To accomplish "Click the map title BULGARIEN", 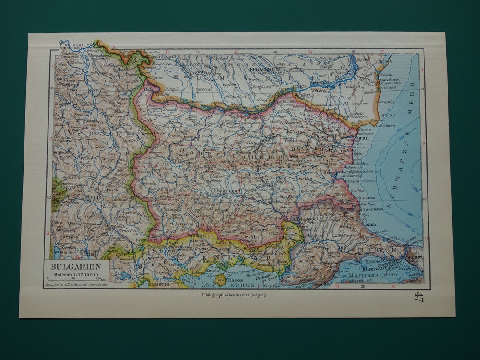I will pyautogui.click(x=76, y=267).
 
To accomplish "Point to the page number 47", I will pyautogui.click(x=418, y=296).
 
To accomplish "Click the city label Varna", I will pyautogui.click(x=362, y=138).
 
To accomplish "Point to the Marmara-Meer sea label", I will pyautogui.click(x=373, y=276).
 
